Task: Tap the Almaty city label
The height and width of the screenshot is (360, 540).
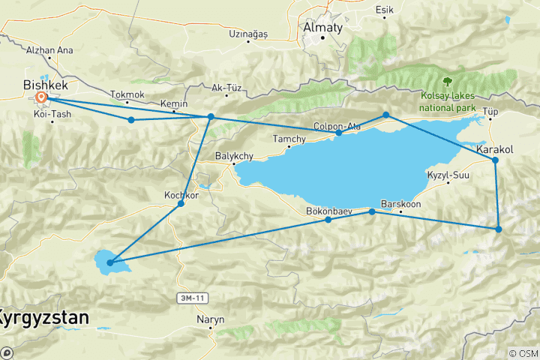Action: (322, 28)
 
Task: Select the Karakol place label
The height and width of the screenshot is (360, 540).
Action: (494, 150)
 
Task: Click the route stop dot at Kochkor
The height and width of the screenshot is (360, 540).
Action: (180, 204)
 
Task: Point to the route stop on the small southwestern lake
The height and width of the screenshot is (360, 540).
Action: (110, 262)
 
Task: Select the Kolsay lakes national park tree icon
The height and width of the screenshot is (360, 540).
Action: (448, 80)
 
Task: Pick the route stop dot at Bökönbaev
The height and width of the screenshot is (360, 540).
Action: (328, 220)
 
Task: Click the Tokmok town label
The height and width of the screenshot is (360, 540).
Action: (126, 95)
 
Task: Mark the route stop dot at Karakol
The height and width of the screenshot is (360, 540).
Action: (495, 160)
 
